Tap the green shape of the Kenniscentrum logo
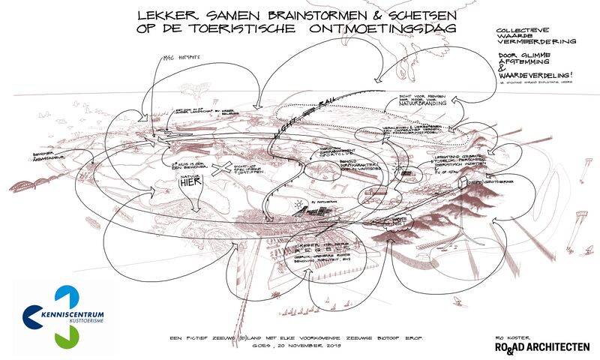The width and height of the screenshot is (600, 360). click(62, 336)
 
